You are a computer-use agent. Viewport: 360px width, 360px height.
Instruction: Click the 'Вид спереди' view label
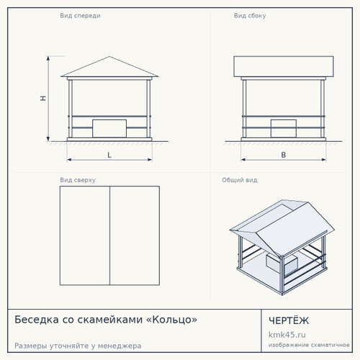(x=80, y=16)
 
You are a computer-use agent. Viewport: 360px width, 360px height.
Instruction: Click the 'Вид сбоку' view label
(x=250, y=16)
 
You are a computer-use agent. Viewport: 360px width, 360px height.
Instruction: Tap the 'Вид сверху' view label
(x=78, y=180)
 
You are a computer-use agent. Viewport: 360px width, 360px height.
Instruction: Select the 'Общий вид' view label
(x=240, y=180)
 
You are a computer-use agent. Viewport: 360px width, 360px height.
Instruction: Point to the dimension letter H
(x=43, y=98)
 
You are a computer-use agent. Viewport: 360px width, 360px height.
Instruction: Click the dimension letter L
(x=109, y=155)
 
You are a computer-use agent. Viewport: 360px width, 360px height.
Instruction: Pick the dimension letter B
(x=284, y=155)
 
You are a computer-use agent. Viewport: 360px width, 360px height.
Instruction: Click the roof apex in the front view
(x=109, y=57)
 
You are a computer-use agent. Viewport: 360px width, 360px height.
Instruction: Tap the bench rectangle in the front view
(x=109, y=129)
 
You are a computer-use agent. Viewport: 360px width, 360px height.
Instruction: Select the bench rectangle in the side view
(x=284, y=129)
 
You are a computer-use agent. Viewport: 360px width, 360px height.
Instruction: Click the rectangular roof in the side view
(x=284, y=66)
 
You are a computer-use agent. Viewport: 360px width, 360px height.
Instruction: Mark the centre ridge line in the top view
(x=109, y=235)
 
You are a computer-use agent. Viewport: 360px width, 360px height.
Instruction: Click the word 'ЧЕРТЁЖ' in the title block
(x=289, y=320)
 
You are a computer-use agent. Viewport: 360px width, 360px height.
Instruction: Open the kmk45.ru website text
(x=287, y=335)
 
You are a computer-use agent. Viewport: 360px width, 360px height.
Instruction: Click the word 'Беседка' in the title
(x=37, y=320)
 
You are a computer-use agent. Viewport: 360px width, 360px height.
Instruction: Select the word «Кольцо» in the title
(x=171, y=320)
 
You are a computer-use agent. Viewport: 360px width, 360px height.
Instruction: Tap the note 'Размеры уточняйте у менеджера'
(x=78, y=346)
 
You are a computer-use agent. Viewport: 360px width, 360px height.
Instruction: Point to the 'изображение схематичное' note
(x=309, y=345)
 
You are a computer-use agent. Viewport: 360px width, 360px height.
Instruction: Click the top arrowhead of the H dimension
(x=48, y=58)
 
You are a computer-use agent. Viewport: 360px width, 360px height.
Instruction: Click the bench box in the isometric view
(x=282, y=264)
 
